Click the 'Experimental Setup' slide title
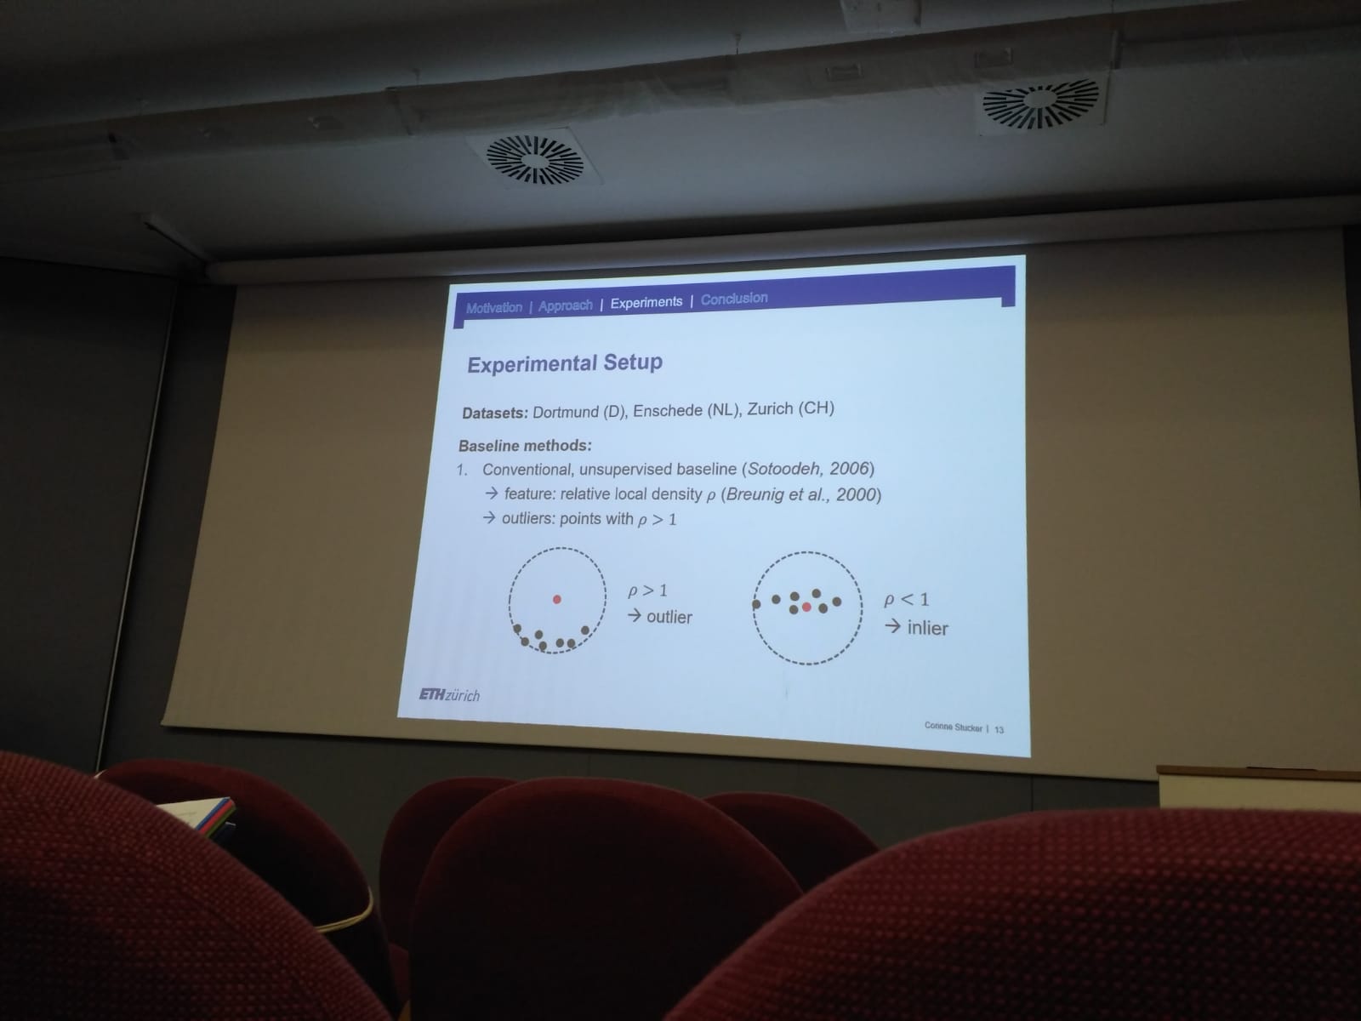(x=565, y=363)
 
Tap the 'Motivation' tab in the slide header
(x=494, y=307)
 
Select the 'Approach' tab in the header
(x=566, y=305)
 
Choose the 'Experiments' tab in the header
(x=646, y=303)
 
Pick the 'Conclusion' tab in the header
(x=734, y=299)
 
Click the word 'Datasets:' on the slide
(x=495, y=413)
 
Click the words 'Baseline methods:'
(x=525, y=446)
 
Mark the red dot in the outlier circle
(x=557, y=600)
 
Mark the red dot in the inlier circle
(x=806, y=607)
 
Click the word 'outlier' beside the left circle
(x=669, y=618)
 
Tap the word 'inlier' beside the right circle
(x=927, y=629)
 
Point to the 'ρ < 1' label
(x=906, y=600)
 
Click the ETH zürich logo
(x=449, y=695)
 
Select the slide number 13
(x=999, y=730)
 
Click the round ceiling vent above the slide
(x=534, y=159)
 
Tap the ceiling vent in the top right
(x=1040, y=103)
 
